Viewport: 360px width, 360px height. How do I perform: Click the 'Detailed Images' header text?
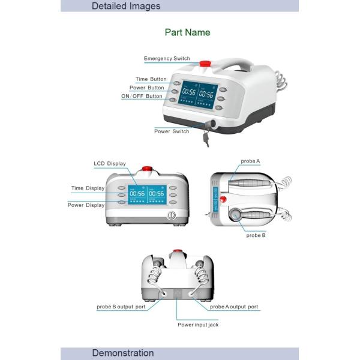126,6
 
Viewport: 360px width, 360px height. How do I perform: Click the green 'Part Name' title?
187,32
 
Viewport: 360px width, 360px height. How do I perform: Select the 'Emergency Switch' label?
167,59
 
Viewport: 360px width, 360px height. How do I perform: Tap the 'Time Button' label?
151,79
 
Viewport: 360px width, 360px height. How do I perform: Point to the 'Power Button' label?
147,88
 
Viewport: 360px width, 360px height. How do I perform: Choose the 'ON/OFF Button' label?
142,96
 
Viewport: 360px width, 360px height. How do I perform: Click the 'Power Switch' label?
172,131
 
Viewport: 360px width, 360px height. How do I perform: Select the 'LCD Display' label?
110,163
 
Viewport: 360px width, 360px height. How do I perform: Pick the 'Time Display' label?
88,188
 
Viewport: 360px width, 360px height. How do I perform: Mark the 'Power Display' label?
86,205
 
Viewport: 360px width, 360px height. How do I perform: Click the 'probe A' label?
250,161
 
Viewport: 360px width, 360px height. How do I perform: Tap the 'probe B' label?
256,235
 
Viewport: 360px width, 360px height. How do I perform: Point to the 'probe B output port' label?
121,307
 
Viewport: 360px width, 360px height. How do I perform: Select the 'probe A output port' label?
234,307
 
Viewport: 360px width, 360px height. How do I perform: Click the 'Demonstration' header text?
123,353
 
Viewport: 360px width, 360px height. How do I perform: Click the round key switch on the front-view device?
170,214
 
